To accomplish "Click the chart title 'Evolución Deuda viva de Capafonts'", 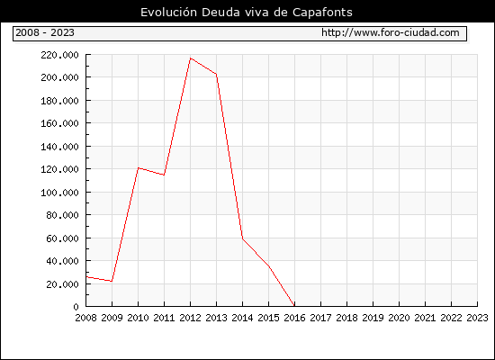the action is pos(247,13).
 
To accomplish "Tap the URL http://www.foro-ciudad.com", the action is pos(391,32).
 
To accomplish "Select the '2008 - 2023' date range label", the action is pos(45,32).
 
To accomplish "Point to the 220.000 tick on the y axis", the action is pos(59,55).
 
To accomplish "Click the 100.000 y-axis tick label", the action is pos(59,193).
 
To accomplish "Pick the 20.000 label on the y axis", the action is pos(62,284).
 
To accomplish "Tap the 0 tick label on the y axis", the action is pos(76,307).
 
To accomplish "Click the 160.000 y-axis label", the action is pos(59,123).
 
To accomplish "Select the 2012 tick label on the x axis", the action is pos(191,318).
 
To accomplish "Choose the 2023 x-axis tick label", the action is pos(477,318).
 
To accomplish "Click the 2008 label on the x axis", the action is pos(85,318).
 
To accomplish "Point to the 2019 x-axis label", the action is pos(373,318).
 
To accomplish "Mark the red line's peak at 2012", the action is pos(191,58).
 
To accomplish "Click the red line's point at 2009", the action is pos(112,281).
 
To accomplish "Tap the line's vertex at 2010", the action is pos(139,168).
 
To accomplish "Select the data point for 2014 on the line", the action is pos(242,238).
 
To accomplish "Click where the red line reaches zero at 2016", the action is pos(294,306).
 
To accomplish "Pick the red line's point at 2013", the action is pos(217,74).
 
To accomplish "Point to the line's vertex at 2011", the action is pos(164,175).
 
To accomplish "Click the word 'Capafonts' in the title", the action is pos(322,13).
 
